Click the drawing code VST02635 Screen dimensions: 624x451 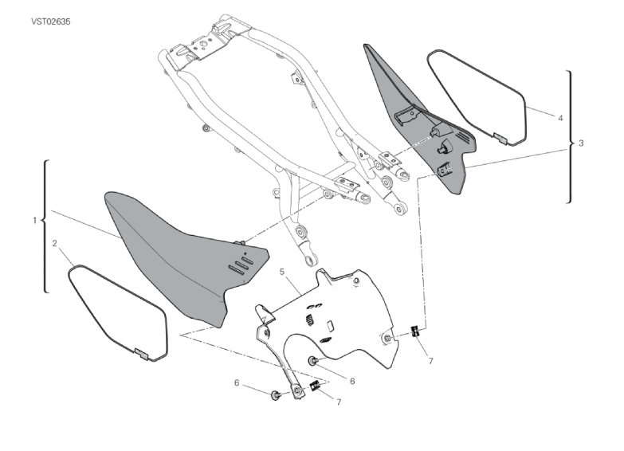coord(51,22)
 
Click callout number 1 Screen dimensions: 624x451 coord(34,220)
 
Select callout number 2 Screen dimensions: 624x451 coord(54,243)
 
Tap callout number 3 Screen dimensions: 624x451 coord(581,143)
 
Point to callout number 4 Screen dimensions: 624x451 coord(560,118)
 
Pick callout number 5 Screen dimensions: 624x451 coord(282,272)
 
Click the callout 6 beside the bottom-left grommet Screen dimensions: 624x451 coord(237,383)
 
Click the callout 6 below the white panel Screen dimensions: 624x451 coord(352,381)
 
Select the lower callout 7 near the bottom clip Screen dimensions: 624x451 coord(339,402)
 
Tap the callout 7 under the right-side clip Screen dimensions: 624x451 coord(430,361)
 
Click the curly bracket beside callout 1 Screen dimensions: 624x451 coord(45,226)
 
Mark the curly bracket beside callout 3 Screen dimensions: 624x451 coord(570,137)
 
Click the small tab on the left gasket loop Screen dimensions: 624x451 coord(141,353)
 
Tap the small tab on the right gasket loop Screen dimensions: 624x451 coord(500,138)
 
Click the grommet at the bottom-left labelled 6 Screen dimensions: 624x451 coord(275,396)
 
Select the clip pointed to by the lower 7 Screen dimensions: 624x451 coord(315,386)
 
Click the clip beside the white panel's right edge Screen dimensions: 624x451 coord(414,331)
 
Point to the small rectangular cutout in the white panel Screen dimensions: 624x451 coord(329,326)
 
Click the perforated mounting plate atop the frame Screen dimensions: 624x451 coord(204,46)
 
